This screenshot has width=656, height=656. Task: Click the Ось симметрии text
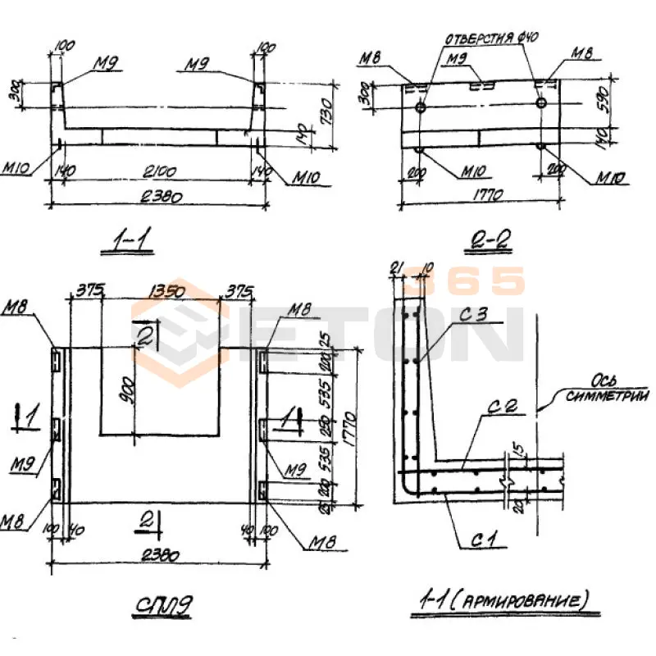coord(608,389)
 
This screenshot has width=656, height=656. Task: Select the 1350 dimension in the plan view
coord(162,289)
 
